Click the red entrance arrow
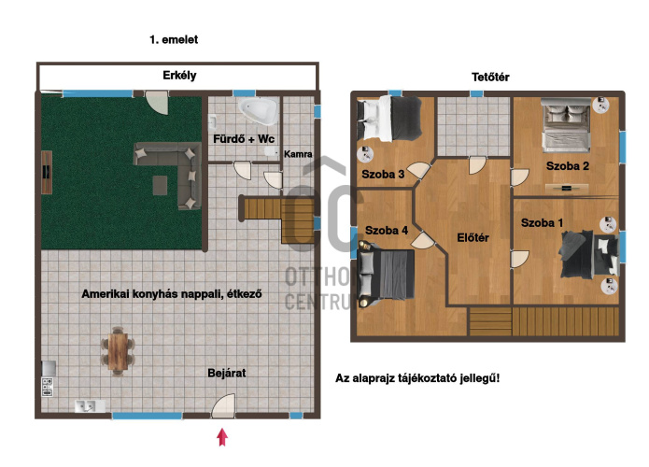click(222, 437)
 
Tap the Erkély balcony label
click(179, 76)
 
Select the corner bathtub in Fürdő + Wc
click(260, 110)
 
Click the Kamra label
click(298, 154)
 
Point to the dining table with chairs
click(118, 351)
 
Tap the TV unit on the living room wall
click(47, 172)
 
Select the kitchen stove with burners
click(48, 387)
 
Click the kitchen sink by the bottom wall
click(90, 406)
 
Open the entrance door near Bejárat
click(222, 405)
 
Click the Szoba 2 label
click(568, 166)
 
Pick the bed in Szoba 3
click(389, 119)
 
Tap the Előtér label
click(473, 237)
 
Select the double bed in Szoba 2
click(566, 123)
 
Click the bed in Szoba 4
click(387, 274)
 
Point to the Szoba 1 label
click(542, 222)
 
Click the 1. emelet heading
click(174, 40)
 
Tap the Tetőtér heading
click(490, 77)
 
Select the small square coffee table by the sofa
click(160, 185)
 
